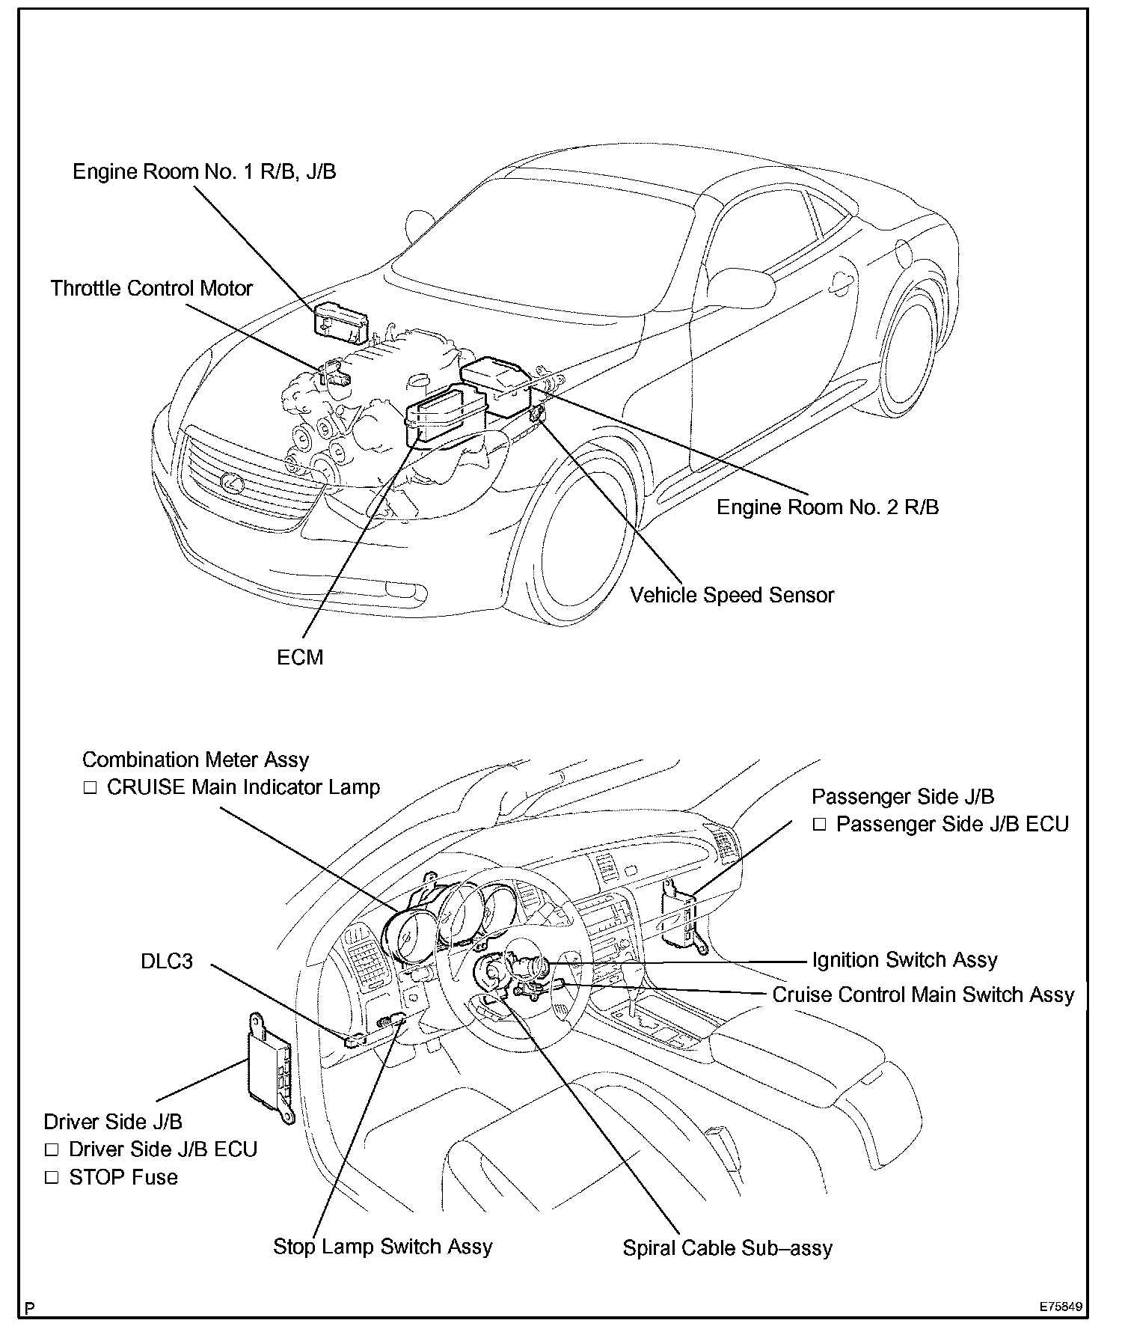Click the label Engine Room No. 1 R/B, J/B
tap(204, 172)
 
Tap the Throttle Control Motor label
tap(152, 289)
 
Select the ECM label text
tap(300, 658)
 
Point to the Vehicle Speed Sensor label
tap(732, 596)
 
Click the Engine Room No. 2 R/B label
tap(827, 507)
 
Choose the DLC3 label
tap(166, 961)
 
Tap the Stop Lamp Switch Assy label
tap(382, 1247)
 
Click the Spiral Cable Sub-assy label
tap(727, 1248)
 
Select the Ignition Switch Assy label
tap(904, 960)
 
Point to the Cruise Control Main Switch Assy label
tap(923, 995)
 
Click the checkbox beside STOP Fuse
tap(52, 1178)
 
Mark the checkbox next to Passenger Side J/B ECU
tap(819, 825)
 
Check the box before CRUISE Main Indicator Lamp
tap(90, 788)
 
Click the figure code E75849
tap(1060, 1307)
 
